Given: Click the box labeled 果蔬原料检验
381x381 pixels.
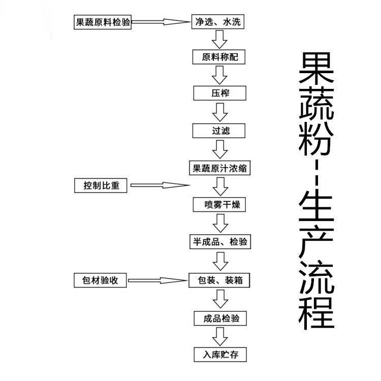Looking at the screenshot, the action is (103, 22).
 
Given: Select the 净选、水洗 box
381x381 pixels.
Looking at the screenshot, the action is (218, 22).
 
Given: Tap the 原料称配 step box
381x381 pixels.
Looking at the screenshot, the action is (218, 57).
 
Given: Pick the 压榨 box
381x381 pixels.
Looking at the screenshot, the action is (219, 93).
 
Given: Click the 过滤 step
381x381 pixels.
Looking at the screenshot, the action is (218, 131).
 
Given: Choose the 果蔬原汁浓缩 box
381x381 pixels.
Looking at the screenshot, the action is (219, 168).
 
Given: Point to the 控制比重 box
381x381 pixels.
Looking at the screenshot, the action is (101, 185).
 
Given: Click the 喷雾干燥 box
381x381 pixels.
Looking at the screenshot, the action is (219, 205).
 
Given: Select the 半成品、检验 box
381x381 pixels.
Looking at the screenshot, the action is (220, 241).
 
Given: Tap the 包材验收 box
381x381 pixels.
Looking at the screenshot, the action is (100, 280).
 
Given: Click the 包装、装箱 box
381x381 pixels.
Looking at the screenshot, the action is (219, 280).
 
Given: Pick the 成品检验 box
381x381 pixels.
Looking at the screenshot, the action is (220, 319).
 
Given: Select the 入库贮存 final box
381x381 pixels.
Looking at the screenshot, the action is (220, 355).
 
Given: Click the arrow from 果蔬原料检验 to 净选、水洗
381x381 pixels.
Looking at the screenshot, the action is (161, 22).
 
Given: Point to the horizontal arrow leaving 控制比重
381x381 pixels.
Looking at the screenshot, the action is (160, 185).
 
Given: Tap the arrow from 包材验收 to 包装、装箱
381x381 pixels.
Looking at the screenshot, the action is (158, 280).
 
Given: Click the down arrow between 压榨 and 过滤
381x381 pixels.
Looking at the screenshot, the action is (220, 112).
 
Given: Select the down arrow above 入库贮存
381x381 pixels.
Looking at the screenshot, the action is (220, 336).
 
